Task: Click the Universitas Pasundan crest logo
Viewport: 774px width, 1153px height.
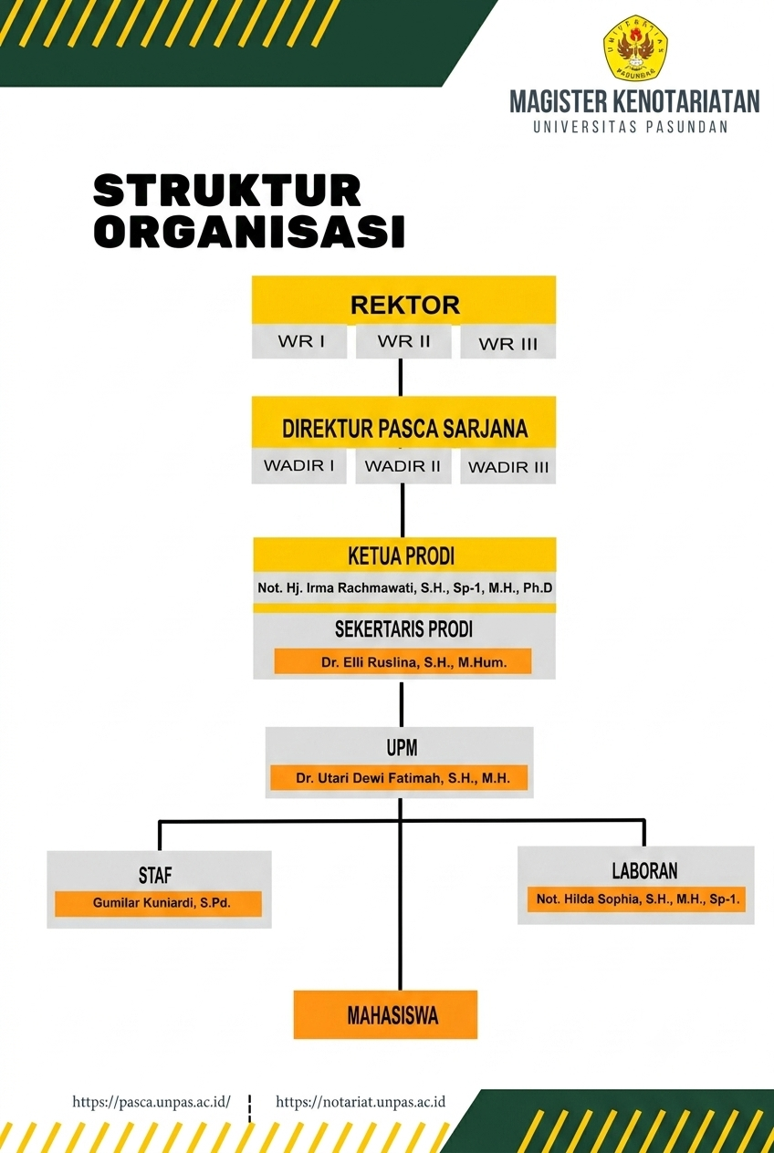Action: point(635,47)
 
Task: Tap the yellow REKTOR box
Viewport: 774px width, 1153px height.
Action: point(403,300)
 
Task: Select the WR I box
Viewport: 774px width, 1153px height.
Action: point(299,341)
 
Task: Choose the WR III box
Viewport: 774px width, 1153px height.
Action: point(507,342)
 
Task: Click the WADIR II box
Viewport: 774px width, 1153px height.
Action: point(403,466)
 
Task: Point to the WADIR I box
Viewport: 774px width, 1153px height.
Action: point(298,465)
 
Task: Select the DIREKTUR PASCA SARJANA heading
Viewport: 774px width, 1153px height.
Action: point(404,429)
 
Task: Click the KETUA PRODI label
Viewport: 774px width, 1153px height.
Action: point(402,556)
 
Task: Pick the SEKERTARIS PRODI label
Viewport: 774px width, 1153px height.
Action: point(403,629)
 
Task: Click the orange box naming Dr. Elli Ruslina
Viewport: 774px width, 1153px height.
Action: point(403,662)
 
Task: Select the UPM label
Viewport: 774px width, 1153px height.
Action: point(402,747)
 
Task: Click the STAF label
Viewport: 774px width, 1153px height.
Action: point(155,876)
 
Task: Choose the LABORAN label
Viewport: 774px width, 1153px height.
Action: point(644,871)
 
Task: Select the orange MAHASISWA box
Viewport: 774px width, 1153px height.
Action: point(386,1014)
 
